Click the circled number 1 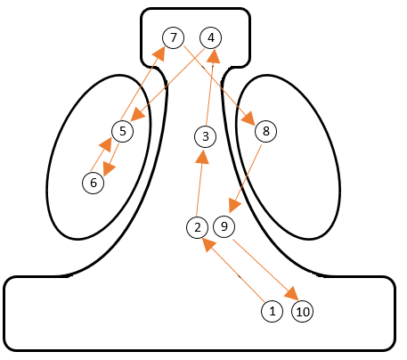(x=273, y=311)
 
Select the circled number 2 (x=198, y=227)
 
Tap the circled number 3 (x=206, y=136)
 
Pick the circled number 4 (x=211, y=37)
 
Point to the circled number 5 (x=123, y=131)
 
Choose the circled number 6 (x=94, y=183)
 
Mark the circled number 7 (x=174, y=37)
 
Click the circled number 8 (x=266, y=131)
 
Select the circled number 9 (x=224, y=226)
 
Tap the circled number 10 (x=303, y=312)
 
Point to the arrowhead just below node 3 (x=203, y=157)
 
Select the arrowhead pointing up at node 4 (x=213, y=56)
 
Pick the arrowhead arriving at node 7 (x=159, y=53)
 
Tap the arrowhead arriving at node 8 (x=248, y=119)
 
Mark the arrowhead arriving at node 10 (x=291, y=293)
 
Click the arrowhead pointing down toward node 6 (x=109, y=168)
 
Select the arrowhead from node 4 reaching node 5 (x=137, y=114)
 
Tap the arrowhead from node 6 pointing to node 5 (x=105, y=144)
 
